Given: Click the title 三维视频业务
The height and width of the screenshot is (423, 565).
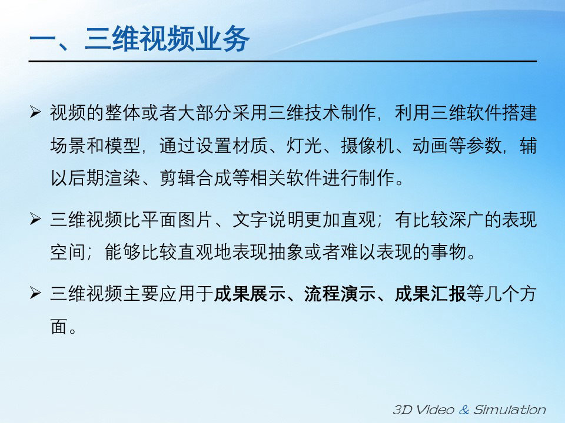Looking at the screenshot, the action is point(167,39).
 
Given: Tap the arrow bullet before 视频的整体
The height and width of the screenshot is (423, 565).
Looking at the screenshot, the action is point(35,112).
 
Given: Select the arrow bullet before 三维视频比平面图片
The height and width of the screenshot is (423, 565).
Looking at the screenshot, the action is point(35,219).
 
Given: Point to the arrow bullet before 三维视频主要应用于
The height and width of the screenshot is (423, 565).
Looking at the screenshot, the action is point(35,293).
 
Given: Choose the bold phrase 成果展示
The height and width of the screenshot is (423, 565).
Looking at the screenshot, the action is point(250,294).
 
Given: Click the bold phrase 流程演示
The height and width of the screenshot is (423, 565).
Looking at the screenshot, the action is point(340,294).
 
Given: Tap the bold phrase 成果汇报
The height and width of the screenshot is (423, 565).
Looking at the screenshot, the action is point(430,294).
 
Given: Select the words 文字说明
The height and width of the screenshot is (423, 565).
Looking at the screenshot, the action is point(268,219).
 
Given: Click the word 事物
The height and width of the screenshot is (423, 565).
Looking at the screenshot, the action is point(448,251).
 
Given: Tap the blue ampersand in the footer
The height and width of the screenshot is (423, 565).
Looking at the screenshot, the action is point(464,409).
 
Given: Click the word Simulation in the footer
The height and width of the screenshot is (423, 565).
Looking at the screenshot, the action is point(509,409).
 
